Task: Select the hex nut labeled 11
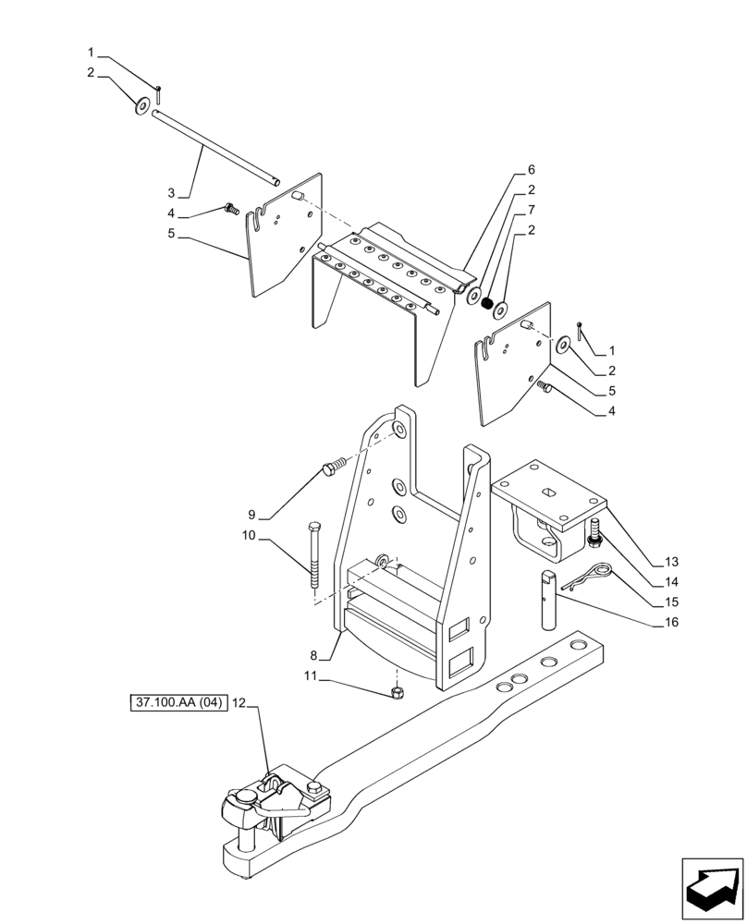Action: [396, 692]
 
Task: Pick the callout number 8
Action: [314, 655]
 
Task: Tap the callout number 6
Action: [531, 170]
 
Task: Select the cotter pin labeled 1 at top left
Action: [159, 92]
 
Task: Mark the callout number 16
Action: [670, 622]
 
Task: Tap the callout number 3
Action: [171, 193]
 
